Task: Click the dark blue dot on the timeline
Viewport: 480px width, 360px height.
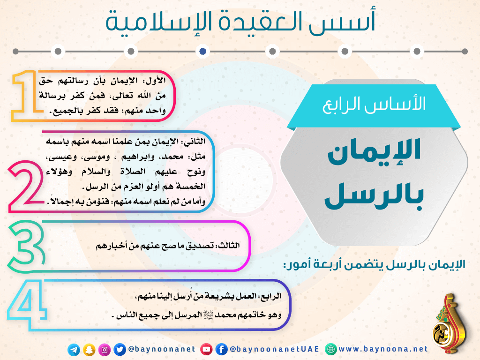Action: pos(202,51)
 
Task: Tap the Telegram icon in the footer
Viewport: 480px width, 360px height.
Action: pos(74,350)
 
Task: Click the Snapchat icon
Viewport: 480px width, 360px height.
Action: pos(89,350)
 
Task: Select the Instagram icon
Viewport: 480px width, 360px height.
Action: pos(105,350)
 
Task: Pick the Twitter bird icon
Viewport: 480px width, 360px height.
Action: pos(120,350)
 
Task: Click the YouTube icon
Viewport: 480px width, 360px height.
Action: pos(206,349)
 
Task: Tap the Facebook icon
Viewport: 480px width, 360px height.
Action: pos(222,349)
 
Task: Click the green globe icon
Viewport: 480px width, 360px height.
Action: pos(330,349)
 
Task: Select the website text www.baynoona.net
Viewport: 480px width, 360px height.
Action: pos(383,349)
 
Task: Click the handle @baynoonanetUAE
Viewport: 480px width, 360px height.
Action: pos(274,349)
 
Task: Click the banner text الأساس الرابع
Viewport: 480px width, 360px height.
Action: pos(374,104)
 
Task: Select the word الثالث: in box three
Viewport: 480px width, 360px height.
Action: pos(228,246)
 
